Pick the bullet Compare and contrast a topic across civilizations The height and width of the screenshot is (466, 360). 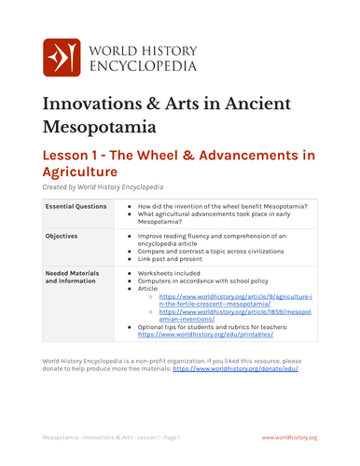(x=222, y=249)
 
